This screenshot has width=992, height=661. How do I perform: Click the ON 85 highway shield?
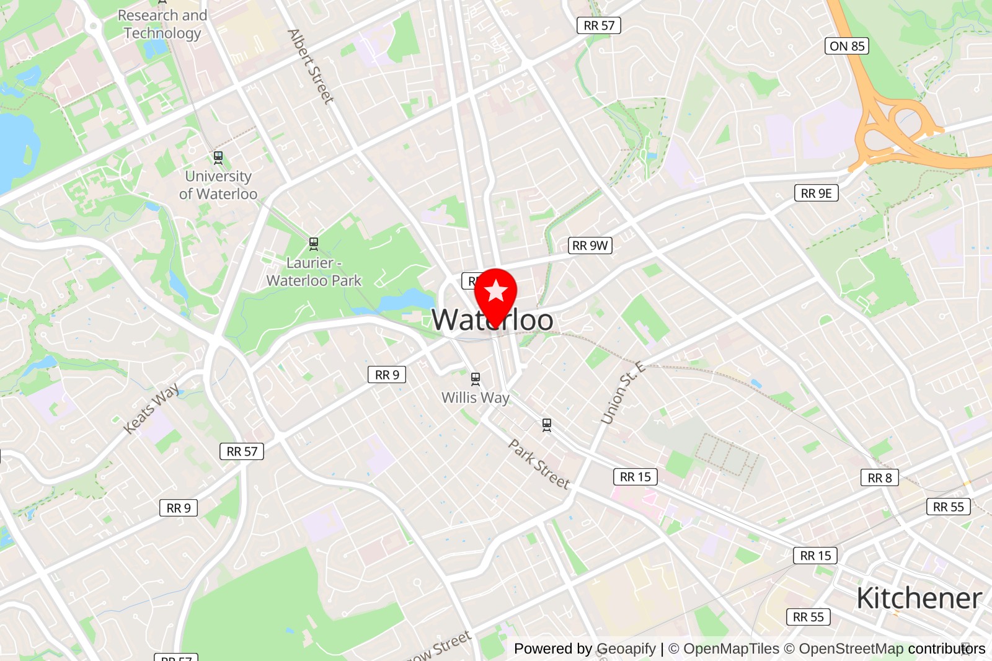(x=847, y=46)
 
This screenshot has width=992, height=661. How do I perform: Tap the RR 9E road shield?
(x=816, y=193)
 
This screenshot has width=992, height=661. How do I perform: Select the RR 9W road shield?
(x=590, y=246)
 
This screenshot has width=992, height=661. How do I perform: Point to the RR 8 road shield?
(x=879, y=477)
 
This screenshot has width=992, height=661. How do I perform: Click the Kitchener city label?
(x=919, y=598)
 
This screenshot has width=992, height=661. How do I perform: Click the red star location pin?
(x=495, y=291)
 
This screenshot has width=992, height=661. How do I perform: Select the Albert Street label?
(x=311, y=66)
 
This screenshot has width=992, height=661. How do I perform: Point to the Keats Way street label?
(x=151, y=408)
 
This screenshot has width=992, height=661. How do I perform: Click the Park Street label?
(x=539, y=464)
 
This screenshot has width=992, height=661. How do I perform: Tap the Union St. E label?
(x=622, y=393)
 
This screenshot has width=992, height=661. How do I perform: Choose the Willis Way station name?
(x=475, y=397)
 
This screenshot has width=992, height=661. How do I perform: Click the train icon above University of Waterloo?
(x=218, y=157)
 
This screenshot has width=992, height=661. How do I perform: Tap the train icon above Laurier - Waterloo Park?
(x=314, y=244)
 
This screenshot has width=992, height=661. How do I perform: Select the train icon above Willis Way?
(x=476, y=378)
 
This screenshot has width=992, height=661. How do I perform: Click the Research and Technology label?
(x=162, y=24)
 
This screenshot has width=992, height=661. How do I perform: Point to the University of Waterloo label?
(x=218, y=185)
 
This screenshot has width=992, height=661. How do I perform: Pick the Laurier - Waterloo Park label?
(x=314, y=272)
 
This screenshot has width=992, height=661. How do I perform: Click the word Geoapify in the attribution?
(x=626, y=649)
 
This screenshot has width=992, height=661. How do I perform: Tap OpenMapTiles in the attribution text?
(x=731, y=649)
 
